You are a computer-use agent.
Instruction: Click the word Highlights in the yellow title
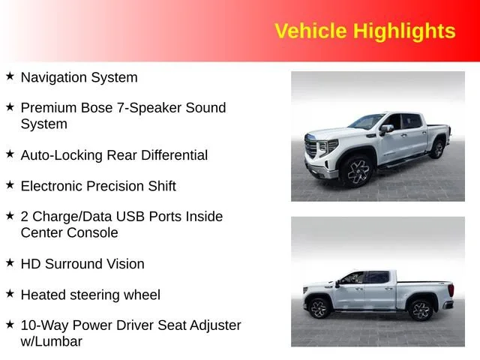(404, 31)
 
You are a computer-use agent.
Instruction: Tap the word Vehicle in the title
(310, 31)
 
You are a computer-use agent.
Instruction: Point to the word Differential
(174, 155)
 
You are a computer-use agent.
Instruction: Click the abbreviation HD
(31, 264)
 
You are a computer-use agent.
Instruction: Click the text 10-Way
(44, 325)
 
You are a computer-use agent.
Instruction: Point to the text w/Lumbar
(52, 341)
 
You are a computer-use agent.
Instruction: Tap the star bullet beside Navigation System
(10, 76)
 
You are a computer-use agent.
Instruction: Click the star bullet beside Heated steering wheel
(10, 293)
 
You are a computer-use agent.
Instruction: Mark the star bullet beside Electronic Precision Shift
(10, 184)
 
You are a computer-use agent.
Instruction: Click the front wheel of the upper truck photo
(357, 172)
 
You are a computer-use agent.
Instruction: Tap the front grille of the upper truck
(311, 146)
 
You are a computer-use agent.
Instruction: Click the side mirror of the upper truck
(385, 130)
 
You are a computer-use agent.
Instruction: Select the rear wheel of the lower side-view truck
(420, 310)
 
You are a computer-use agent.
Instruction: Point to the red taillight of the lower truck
(451, 290)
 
